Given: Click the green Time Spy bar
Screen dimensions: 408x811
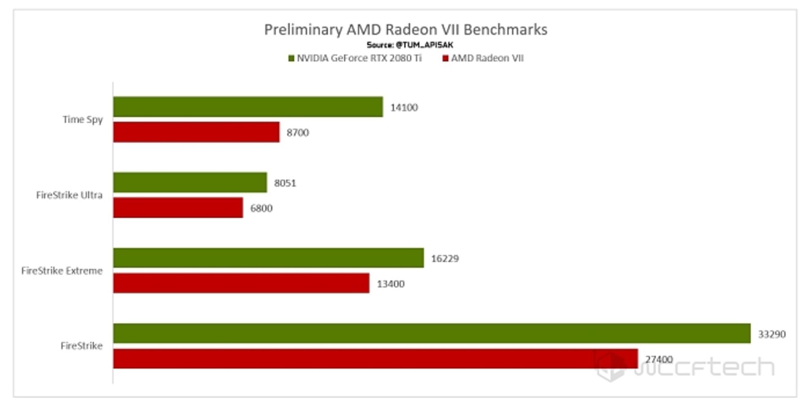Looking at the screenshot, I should coord(248,107).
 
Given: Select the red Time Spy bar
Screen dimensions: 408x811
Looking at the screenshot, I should coord(196,132).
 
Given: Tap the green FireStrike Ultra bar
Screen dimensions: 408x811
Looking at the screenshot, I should coord(190,182).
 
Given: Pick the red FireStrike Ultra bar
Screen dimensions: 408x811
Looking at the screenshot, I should coord(178,208).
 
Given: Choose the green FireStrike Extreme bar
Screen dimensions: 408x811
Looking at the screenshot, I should coord(268,258).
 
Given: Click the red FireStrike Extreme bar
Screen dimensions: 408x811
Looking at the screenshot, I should coord(241,283).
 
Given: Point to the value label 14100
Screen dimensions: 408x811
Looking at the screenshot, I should coord(404,107).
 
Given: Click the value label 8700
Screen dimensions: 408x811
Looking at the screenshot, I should coord(297,133).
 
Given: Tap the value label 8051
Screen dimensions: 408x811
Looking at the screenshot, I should coord(285,183).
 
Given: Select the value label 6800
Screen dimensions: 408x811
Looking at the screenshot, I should coord(261,208).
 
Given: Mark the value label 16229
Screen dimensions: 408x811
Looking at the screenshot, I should coord(444,258).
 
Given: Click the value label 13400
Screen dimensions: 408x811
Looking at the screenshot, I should coord(390,284).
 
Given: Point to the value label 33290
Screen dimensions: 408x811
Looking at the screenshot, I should coord(771,334).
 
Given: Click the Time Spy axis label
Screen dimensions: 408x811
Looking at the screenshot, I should coord(83,120).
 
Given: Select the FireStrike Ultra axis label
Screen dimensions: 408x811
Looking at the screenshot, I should coord(69,195).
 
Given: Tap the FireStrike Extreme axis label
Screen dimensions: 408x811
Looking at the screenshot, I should coord(62,271).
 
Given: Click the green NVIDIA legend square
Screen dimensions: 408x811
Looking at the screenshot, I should coord(291,58).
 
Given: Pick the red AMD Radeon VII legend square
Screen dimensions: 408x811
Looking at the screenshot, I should coord(445,58).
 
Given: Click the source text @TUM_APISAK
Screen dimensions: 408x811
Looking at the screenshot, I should coord(424,45).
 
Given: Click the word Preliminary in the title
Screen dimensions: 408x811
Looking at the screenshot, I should coord(303,30).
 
